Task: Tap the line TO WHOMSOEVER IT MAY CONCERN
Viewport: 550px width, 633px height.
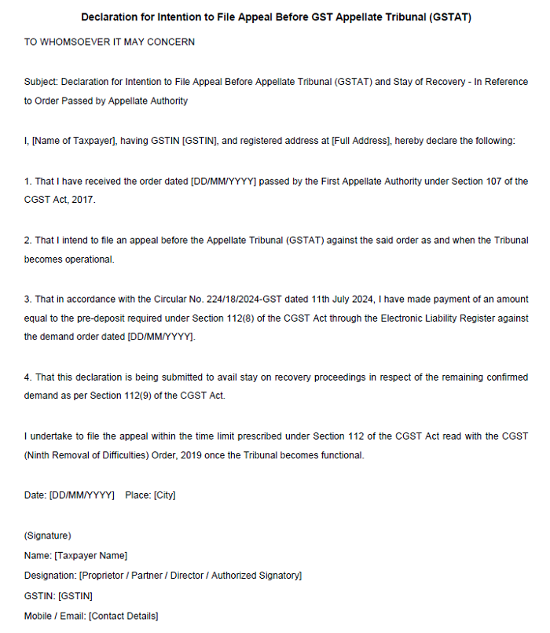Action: [x=109, y=42]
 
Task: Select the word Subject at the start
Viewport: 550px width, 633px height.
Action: [x=40, y=82]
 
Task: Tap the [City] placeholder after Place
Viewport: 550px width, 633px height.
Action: [x=165, y=495]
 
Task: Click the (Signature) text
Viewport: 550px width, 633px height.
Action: [x=48, y=535]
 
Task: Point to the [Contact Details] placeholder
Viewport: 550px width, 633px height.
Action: [x=123, y=616]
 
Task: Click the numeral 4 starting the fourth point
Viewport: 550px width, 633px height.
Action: [x=27, y=377]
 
